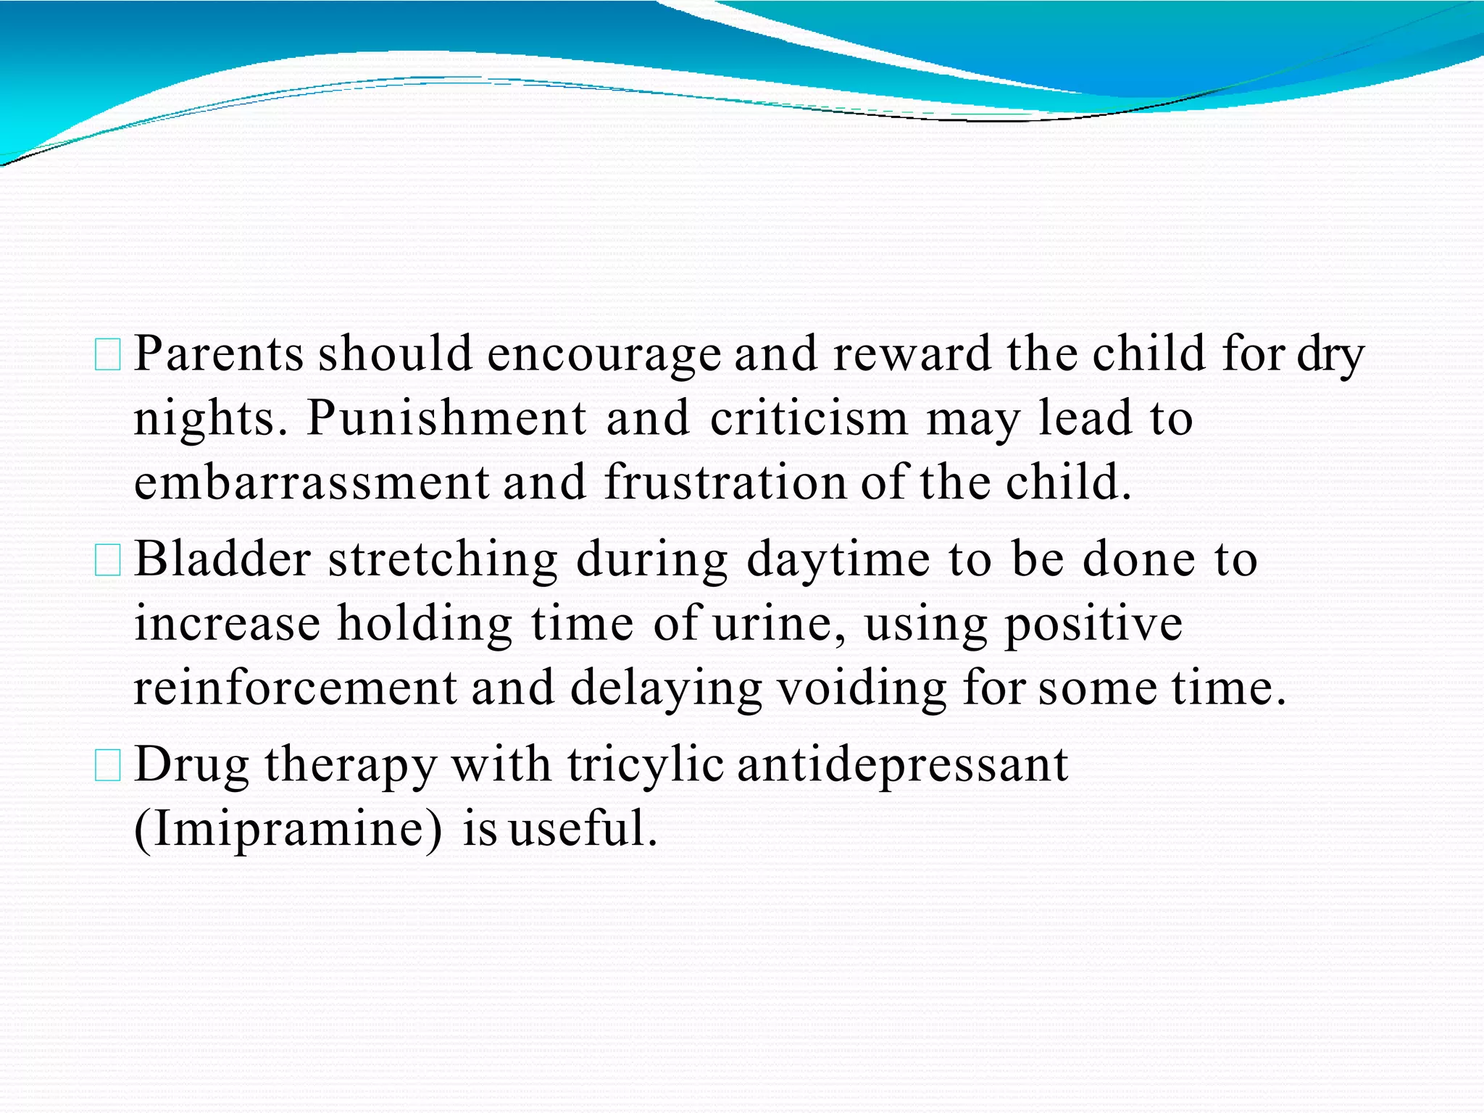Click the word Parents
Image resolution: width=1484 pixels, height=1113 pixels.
[219, 354]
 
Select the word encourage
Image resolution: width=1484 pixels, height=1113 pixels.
[604, 354]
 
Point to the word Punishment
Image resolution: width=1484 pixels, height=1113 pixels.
[446, 418]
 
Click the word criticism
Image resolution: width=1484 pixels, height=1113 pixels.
[809, 418]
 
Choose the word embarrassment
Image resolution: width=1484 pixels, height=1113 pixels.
[312, 483]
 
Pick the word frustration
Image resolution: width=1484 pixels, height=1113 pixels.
[725, 483]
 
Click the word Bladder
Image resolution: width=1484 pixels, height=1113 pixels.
[223, 559]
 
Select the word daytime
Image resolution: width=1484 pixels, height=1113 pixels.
[838, 559]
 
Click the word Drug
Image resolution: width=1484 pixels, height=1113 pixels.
[192, 764]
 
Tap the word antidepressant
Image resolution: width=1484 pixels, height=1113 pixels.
[902, 764]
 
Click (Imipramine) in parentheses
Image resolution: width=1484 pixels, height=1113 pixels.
[288, 829]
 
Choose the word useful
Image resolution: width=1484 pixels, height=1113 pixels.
[583, 829]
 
